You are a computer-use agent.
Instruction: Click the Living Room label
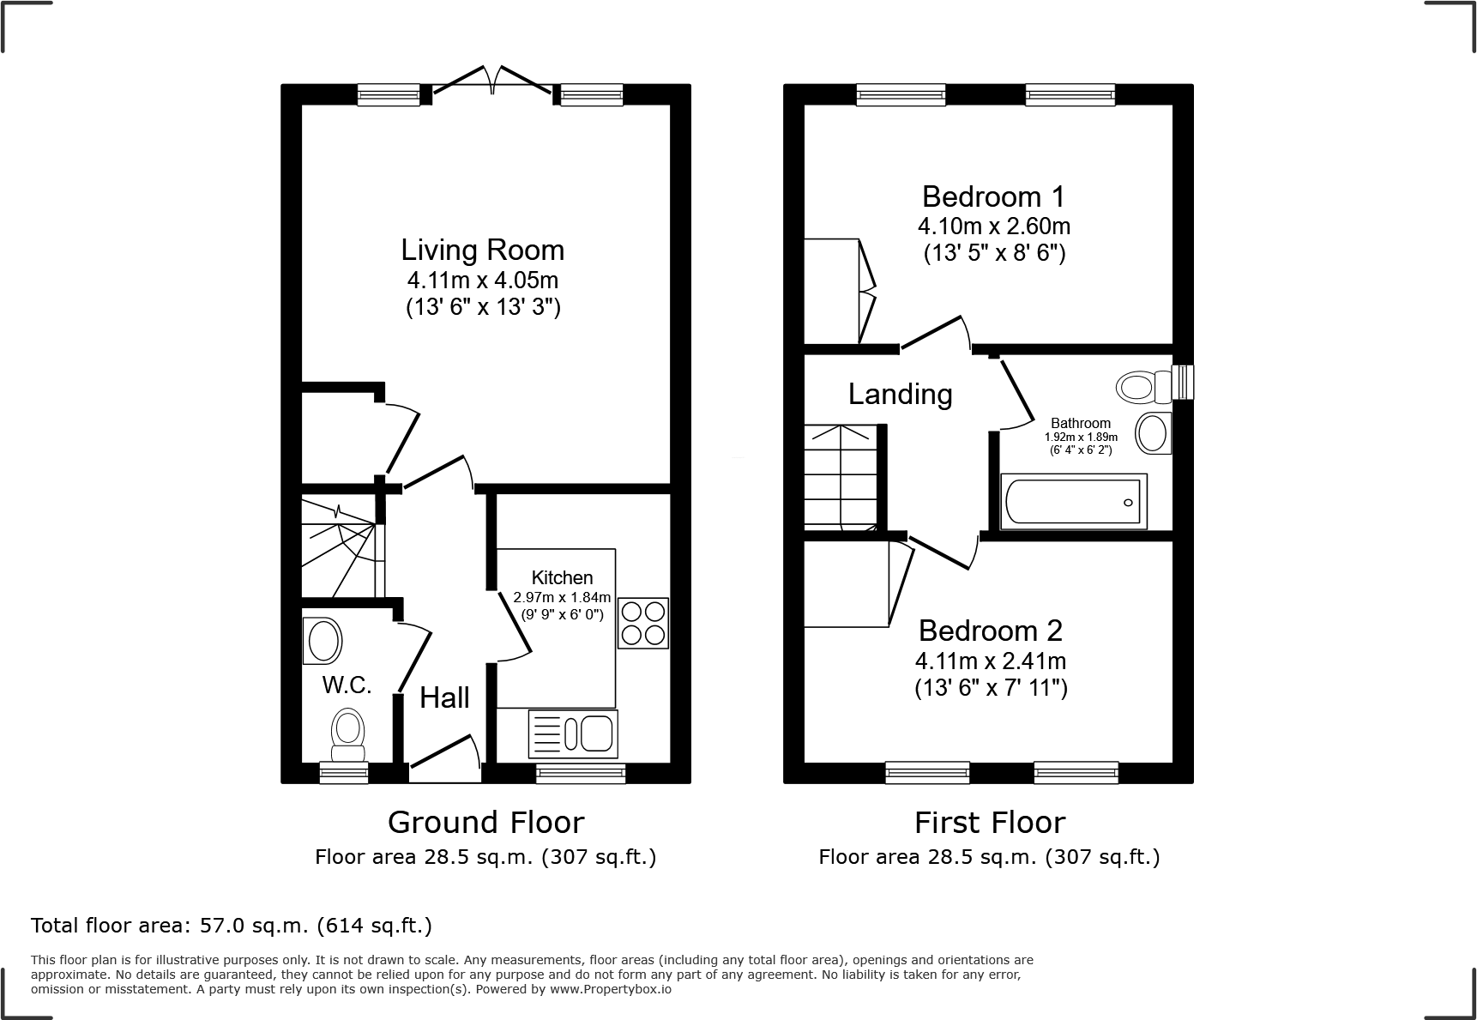coord(483,250)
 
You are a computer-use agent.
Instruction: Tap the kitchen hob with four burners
coord(642,623)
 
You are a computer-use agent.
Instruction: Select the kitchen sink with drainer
coord(573,733)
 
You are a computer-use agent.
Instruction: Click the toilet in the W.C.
coord(348,733)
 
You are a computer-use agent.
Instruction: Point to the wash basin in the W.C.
coord(323,641)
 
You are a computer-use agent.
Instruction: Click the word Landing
coord(900,394)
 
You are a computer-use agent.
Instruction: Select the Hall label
coord(444,697)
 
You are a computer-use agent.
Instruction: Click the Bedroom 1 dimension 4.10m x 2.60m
coord(993,226)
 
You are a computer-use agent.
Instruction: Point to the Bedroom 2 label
coord(990,631)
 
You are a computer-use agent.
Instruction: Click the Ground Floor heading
coord(485,822)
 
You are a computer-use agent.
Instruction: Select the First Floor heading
coord(989,822)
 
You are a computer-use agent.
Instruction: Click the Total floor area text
coord(231,926)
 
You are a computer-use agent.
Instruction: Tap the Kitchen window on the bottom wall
coord(581,773)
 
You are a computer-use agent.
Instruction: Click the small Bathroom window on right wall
coord(1184,382)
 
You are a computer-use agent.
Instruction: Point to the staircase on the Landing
coord(841,476)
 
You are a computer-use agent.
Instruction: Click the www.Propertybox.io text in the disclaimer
coord(610,989)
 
